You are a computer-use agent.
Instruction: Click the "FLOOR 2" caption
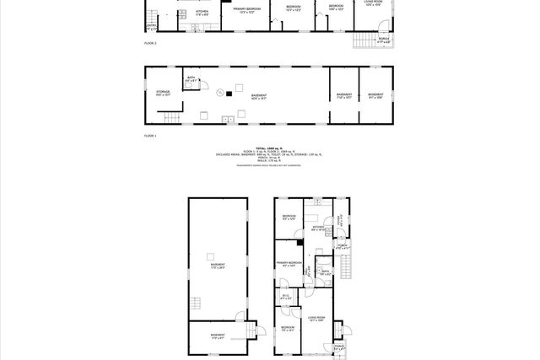[150, 41]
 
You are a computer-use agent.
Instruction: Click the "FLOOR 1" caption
[150, 135]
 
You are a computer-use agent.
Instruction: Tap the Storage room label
[163, 94]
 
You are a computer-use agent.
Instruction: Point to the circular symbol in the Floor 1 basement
[221, 94]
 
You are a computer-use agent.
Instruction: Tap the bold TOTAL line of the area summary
[270, 147]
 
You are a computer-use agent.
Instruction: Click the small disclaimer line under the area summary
[270, 165]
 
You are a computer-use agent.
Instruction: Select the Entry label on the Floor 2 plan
[150, 26]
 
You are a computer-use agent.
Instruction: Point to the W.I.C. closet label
[286, 297]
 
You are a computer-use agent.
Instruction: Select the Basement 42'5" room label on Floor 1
[259, 96]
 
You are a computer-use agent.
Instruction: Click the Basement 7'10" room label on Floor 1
[343, 95]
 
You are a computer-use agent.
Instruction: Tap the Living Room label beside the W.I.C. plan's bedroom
[316, 319]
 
